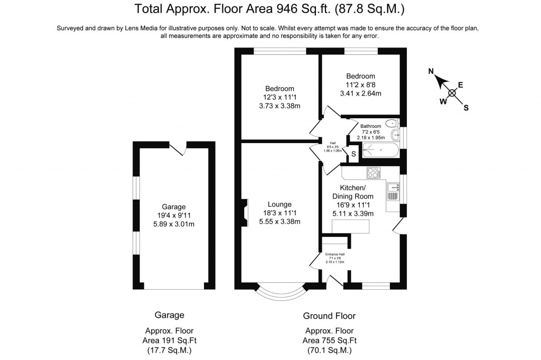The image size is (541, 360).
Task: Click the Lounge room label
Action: pos(279,204)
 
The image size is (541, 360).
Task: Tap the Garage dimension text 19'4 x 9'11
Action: pos(174,215)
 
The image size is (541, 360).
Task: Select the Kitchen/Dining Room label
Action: pos(352,192)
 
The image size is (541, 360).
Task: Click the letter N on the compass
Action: pos(431,71)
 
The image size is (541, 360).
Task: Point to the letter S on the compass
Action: pos(465,108)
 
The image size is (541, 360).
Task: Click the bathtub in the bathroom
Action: pos(377,150)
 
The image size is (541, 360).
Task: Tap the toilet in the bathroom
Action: pos(391,124)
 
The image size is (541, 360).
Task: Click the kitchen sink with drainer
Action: pos(393,191)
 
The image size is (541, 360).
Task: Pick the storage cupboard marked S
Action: pos(353,154)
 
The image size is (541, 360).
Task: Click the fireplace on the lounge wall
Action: pos(245,212)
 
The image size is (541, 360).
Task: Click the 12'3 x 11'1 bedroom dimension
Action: pos(279,97)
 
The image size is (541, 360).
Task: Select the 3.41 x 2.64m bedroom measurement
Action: pos(360,93)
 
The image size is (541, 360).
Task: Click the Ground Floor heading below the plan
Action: pos(329,316)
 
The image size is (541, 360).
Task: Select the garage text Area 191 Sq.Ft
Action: pos(170,340)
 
